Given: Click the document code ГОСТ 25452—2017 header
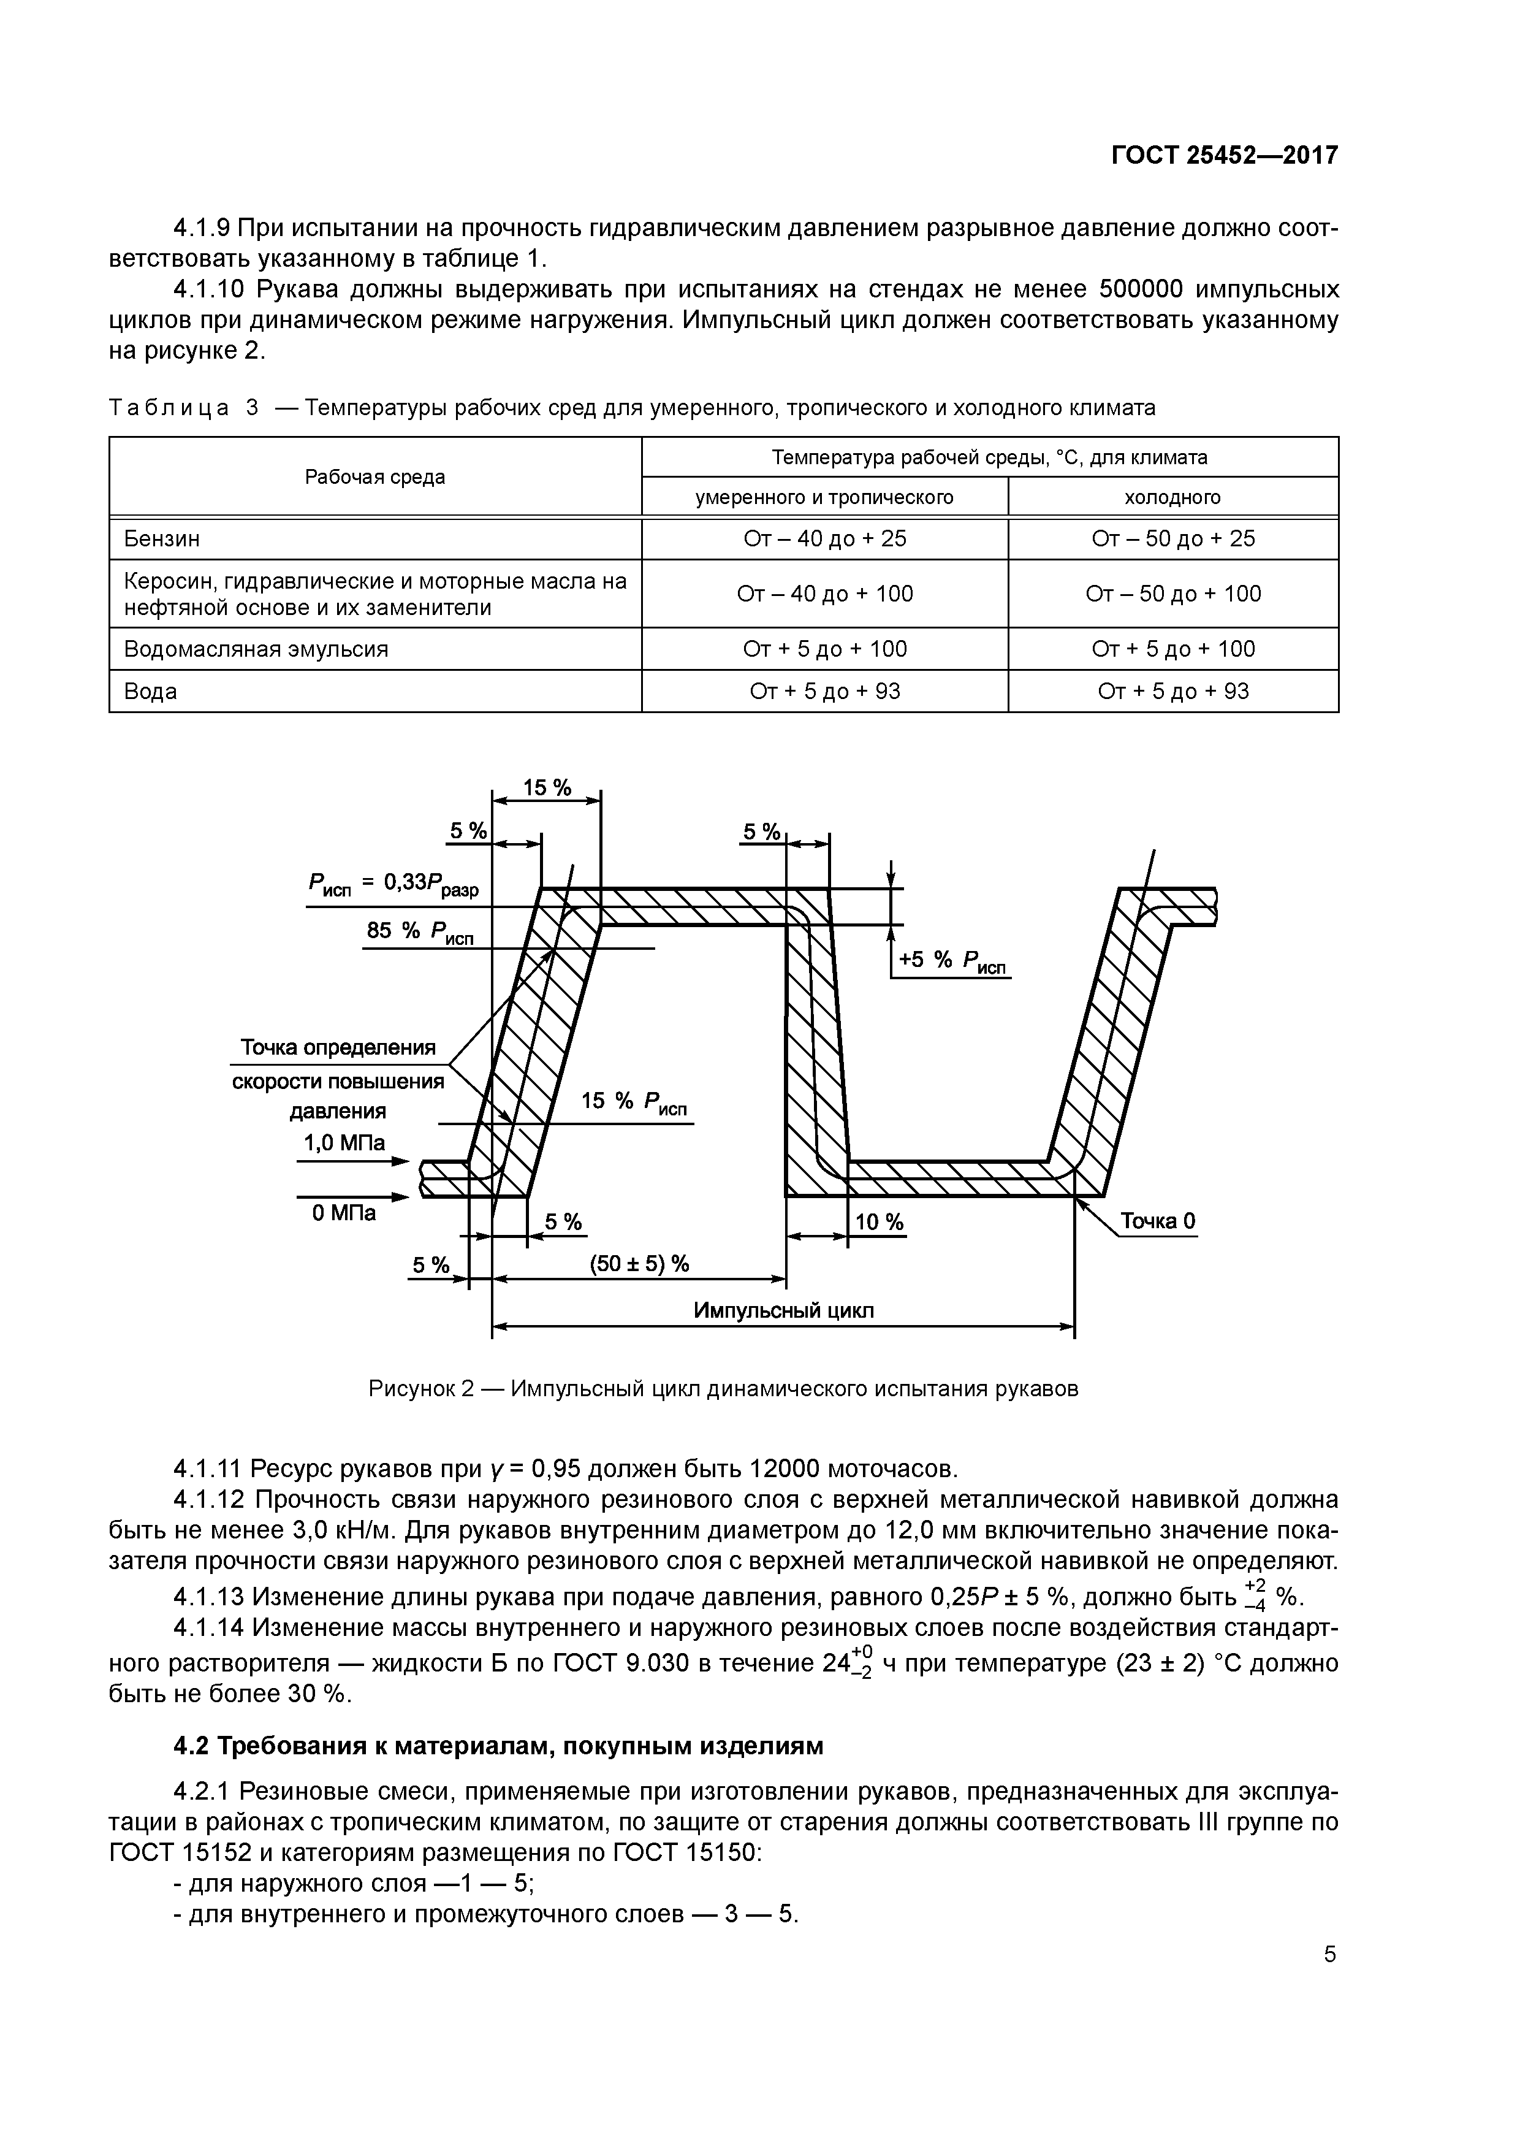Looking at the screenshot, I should click(x=1224, y=156).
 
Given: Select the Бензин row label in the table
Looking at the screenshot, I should click(x=162, y=539).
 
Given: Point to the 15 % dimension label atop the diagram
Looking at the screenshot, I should click(x=547, y=788).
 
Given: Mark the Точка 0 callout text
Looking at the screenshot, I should click(x=1158, y=1221).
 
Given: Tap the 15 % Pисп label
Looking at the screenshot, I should click(x=633, y=1102).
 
